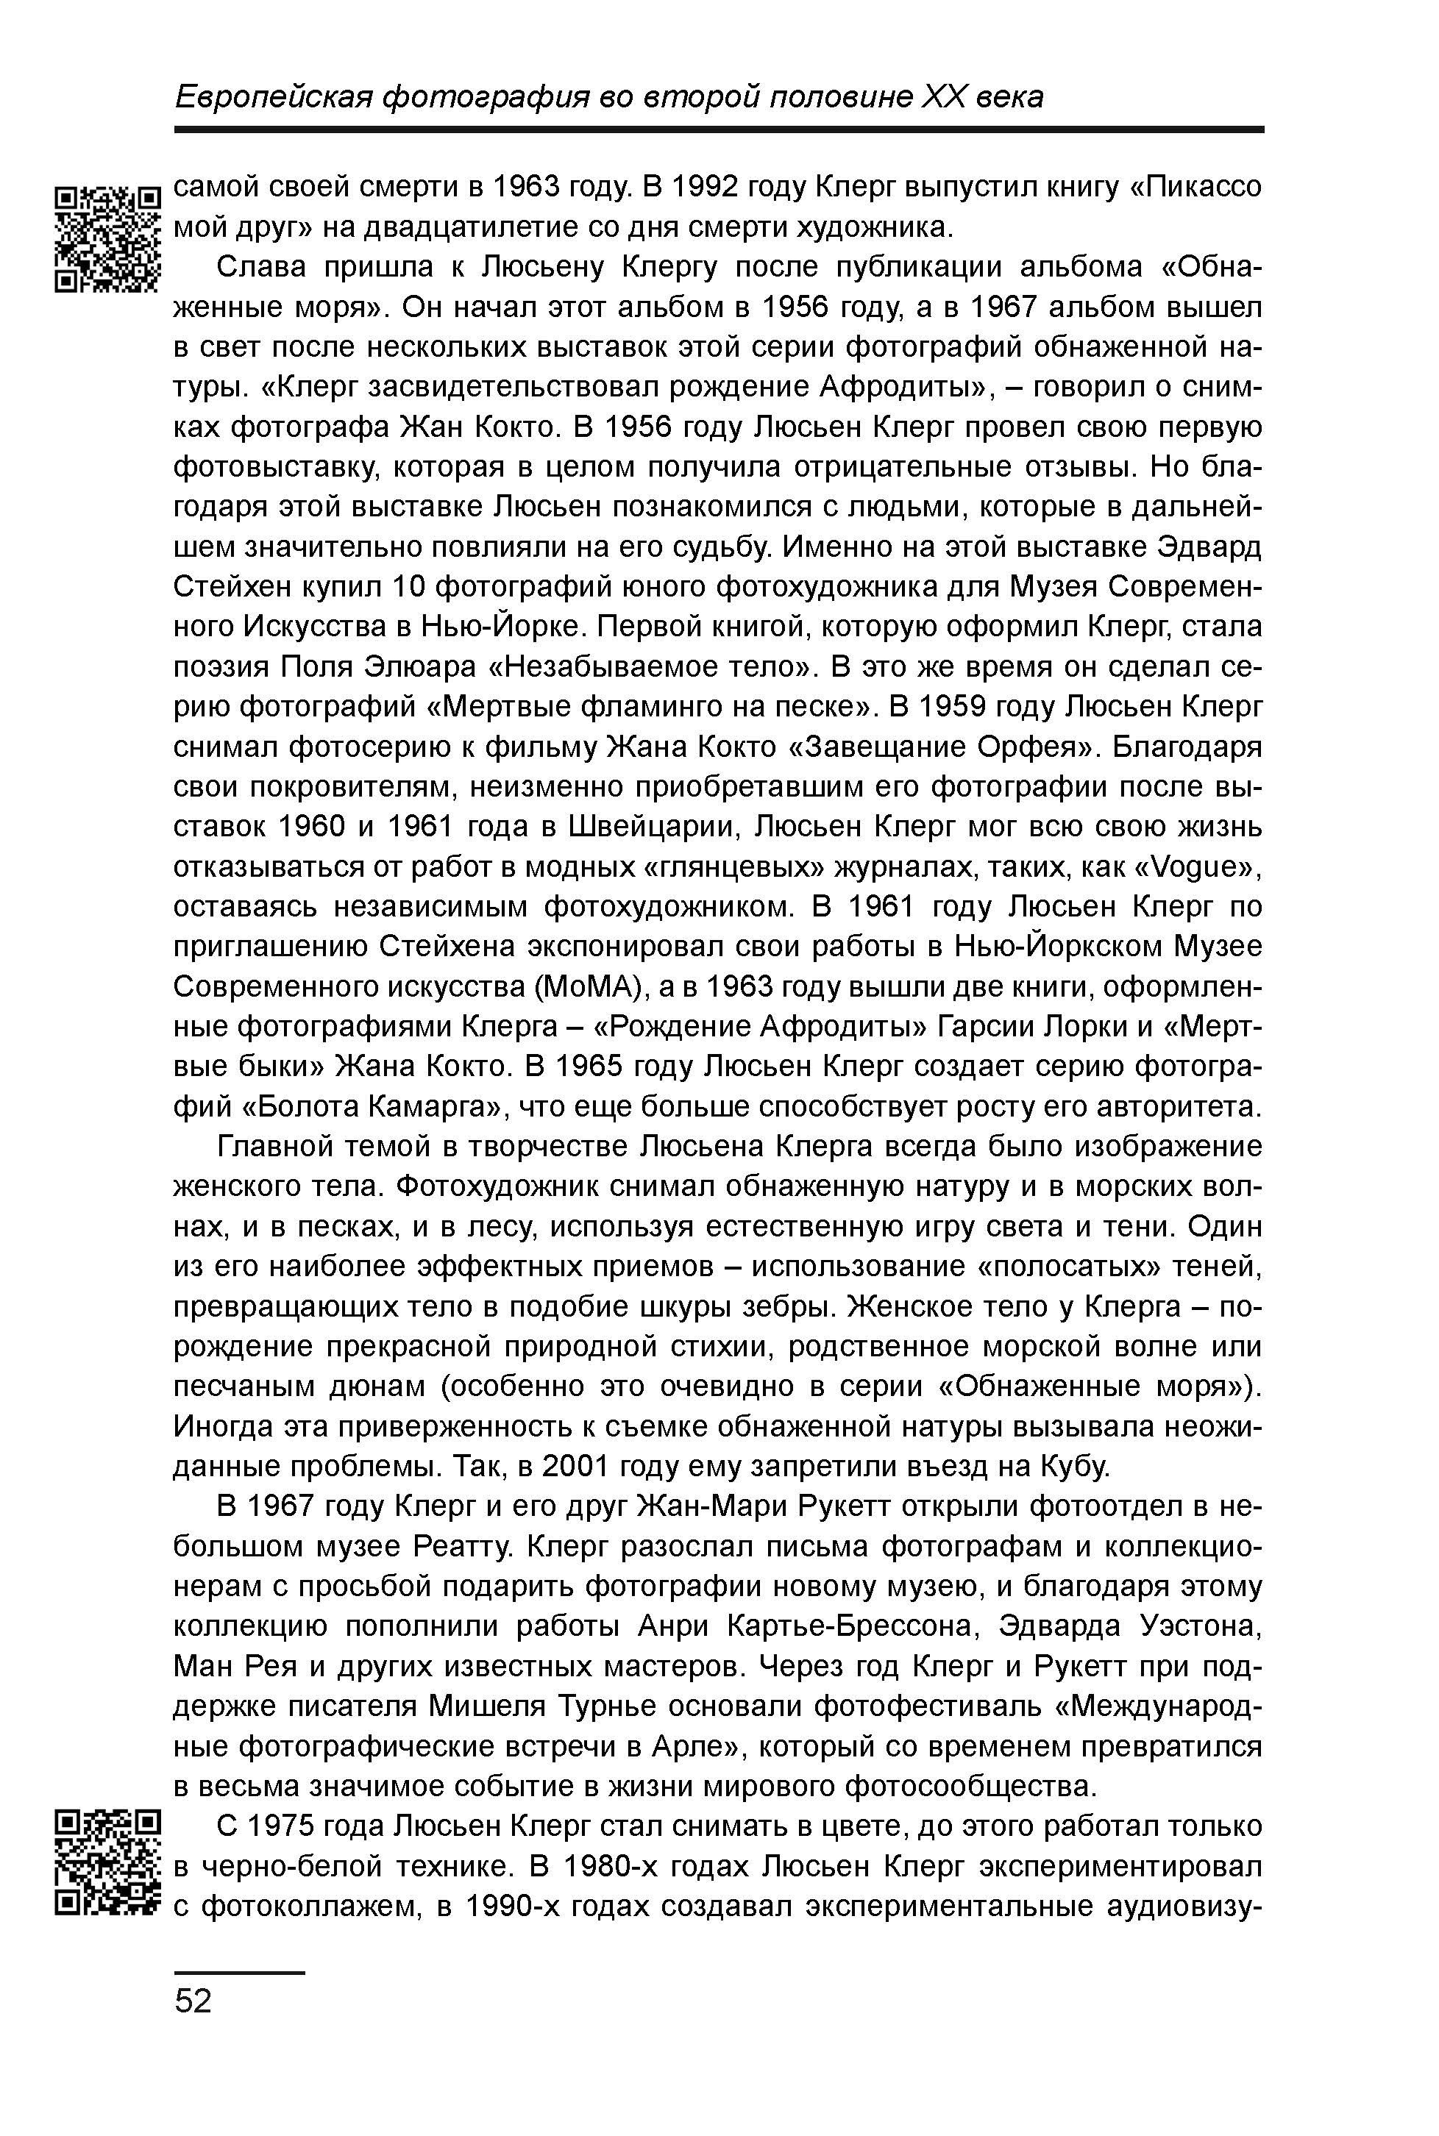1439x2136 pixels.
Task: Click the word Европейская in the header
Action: point(271,96)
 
